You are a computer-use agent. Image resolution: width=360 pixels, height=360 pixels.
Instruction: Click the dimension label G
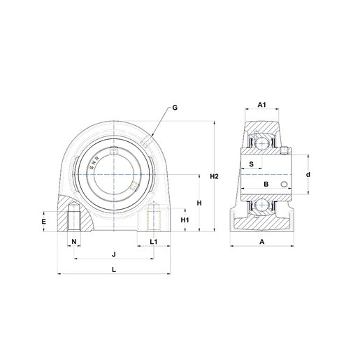coord(175,108)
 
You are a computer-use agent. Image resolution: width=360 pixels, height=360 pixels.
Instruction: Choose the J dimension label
coord(114,253)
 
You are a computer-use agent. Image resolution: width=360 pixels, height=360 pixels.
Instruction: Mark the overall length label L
coord(114,268)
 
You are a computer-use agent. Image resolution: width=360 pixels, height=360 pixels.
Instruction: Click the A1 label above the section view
coord(261,105)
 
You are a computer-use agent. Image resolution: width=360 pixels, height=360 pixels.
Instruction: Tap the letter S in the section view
coord(251,164)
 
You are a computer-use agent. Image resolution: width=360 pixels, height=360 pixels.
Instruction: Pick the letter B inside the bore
coord(265,184)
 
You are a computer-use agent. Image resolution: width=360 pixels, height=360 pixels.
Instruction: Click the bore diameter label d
coord(308,174)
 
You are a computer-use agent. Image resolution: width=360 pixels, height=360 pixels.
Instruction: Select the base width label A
coord(261,242)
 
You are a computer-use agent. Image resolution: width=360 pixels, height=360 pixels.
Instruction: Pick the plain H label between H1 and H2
coord(199,203)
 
